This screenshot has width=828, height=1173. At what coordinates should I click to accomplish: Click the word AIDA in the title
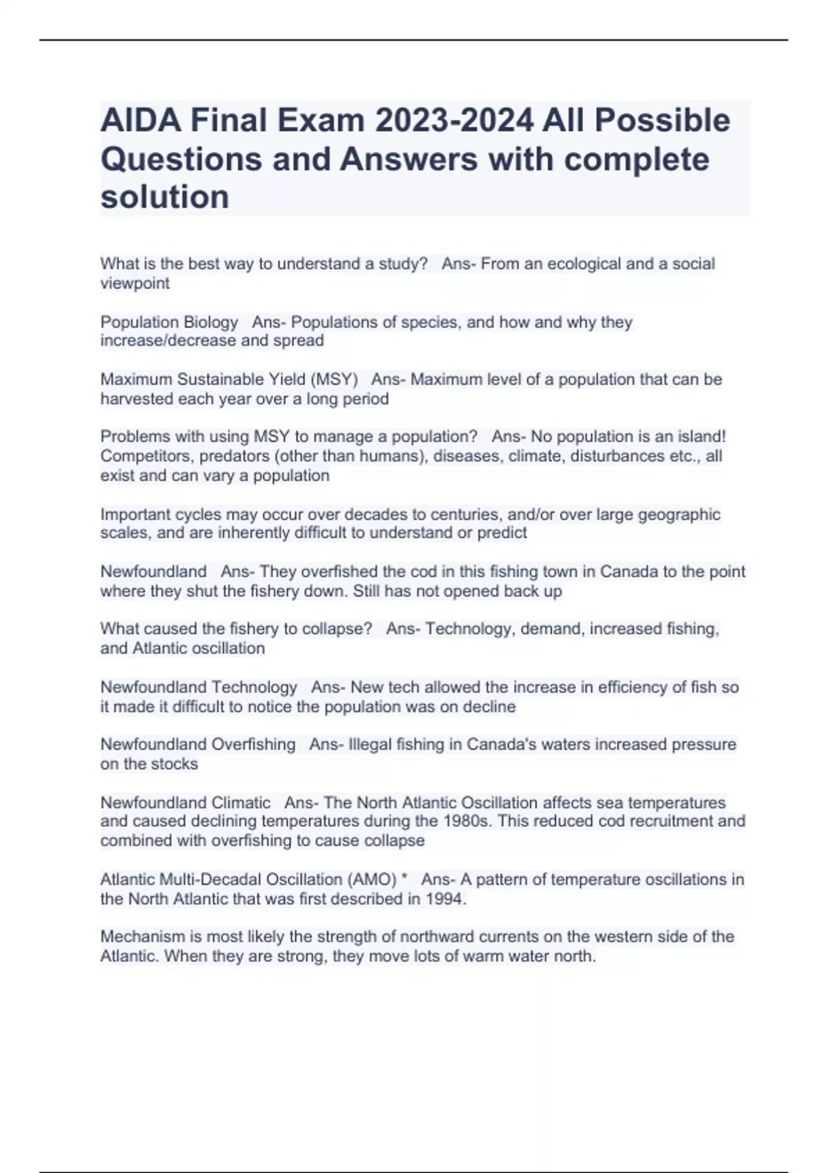(140, 121)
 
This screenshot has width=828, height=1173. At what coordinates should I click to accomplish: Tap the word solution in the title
(165, 197)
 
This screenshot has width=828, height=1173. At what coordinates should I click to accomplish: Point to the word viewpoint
(135, 284)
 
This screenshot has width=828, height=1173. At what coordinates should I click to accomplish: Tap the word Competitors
(146, 456)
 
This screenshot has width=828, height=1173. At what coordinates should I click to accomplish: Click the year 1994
(446, 899)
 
